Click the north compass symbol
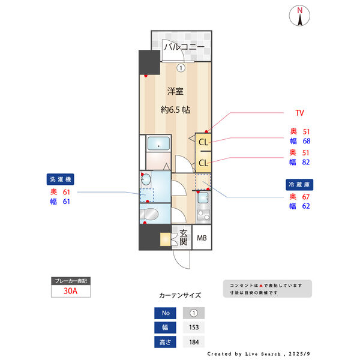click(x=300, y=16)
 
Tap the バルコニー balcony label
click(x=185, y=47)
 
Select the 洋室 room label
click(x=175, y=91)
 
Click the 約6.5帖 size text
click(x=175, y=110)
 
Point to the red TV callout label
click(x=299, y=112)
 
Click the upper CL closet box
click(x=203, y=142)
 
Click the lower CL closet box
click(x=203, y=163)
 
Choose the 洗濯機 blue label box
click(x=60, y=179)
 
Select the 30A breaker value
click(x=71, y=292)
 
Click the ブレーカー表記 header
click(x=71, y=281)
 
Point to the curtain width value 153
click(x=193, y=328)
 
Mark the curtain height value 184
click(x=193, y=342)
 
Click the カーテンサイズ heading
click(x=180, y=295)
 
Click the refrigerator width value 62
click(x=307, y=206)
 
